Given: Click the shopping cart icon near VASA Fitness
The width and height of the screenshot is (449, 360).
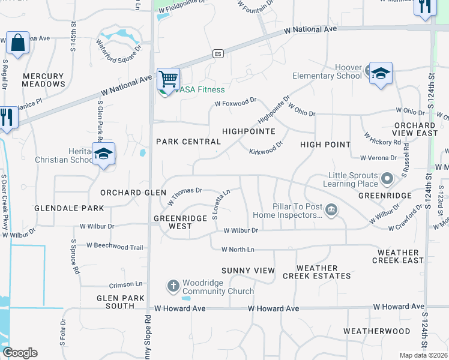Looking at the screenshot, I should [169, 78].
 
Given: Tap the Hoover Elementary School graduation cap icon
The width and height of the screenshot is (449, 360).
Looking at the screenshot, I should [381, 73].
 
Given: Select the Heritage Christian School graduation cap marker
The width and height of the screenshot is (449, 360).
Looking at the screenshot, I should [103, 154].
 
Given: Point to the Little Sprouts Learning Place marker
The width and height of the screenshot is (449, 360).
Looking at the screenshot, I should [387, 178].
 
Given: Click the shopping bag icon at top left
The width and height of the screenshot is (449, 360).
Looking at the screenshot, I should [18, 43].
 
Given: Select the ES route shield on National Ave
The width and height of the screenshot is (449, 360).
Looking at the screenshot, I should [218, 53].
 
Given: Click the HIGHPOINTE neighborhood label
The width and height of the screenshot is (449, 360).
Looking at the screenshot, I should [249, 131].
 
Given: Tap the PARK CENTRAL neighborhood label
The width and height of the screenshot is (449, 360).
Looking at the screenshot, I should [188, 142].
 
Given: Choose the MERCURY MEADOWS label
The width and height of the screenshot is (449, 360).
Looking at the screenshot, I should [43, 80].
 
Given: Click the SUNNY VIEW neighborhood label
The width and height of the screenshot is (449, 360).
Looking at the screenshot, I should [248, 271].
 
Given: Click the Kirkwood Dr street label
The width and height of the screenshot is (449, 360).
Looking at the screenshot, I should [266, 148].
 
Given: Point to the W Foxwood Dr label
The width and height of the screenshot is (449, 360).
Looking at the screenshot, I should [236, 103].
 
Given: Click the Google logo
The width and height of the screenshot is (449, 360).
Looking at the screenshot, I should [20, 353].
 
